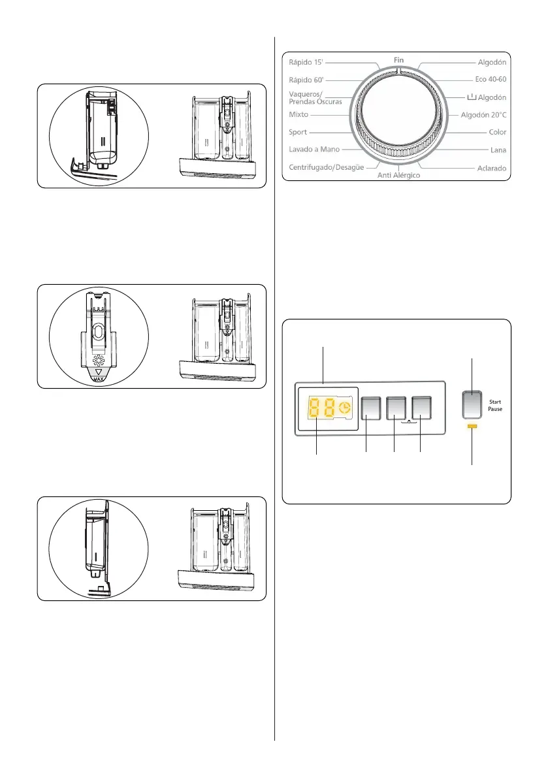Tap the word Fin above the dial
point(399,59)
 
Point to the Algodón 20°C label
point(483,114)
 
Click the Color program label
point(498,132)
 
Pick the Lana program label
point(498,150)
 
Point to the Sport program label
point(298,132)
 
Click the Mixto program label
point(300,114)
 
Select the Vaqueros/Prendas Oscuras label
point(315,97)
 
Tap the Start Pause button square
point(472,404)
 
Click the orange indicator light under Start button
point(472,427)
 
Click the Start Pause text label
point(494,406)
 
